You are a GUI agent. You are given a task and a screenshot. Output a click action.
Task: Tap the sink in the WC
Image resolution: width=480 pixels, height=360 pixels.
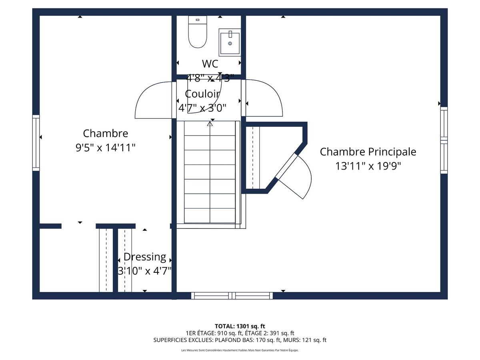pos(230,42)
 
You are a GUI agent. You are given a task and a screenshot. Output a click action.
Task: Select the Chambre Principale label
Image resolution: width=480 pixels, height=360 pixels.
pos(368,152)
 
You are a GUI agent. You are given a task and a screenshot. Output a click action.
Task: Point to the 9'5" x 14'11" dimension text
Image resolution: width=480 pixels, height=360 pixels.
pos(106,148)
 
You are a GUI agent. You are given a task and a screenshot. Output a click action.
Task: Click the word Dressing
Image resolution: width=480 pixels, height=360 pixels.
pos(144,257)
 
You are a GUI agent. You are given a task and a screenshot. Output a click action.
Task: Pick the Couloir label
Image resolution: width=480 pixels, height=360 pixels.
pos(202,94)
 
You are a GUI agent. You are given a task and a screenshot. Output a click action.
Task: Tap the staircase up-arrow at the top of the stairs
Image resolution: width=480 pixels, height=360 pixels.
pos(210,124)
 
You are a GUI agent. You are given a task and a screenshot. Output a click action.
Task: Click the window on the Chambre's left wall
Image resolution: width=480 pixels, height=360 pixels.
pos(36,142)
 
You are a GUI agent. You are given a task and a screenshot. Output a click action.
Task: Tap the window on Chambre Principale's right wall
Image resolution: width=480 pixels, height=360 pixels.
pos(444,140)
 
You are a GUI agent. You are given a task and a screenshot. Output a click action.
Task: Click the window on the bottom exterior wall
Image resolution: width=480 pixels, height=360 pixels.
pos(232,296)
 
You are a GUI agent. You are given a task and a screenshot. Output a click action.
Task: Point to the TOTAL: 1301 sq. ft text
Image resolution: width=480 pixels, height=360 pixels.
pos(240,326)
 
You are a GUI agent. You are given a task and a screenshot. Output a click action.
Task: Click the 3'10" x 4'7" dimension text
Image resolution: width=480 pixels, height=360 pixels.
pos(144,271)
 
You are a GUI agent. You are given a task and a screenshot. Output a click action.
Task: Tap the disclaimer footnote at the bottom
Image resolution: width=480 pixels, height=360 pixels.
pos(240,350)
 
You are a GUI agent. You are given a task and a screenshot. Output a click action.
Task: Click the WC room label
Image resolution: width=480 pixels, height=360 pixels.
pos(210,64)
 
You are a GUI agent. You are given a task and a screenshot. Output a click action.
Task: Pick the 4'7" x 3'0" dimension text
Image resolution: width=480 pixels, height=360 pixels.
pos(202,108)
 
